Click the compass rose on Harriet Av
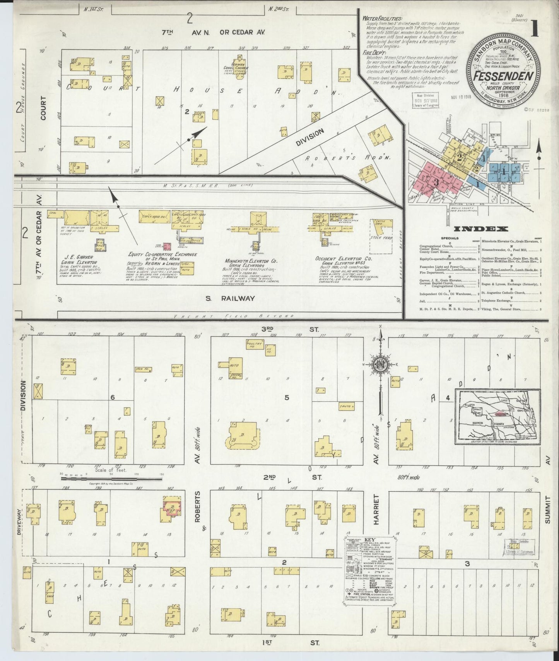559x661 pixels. [x=381, y=365]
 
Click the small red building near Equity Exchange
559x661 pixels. [x=167, y=246]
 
